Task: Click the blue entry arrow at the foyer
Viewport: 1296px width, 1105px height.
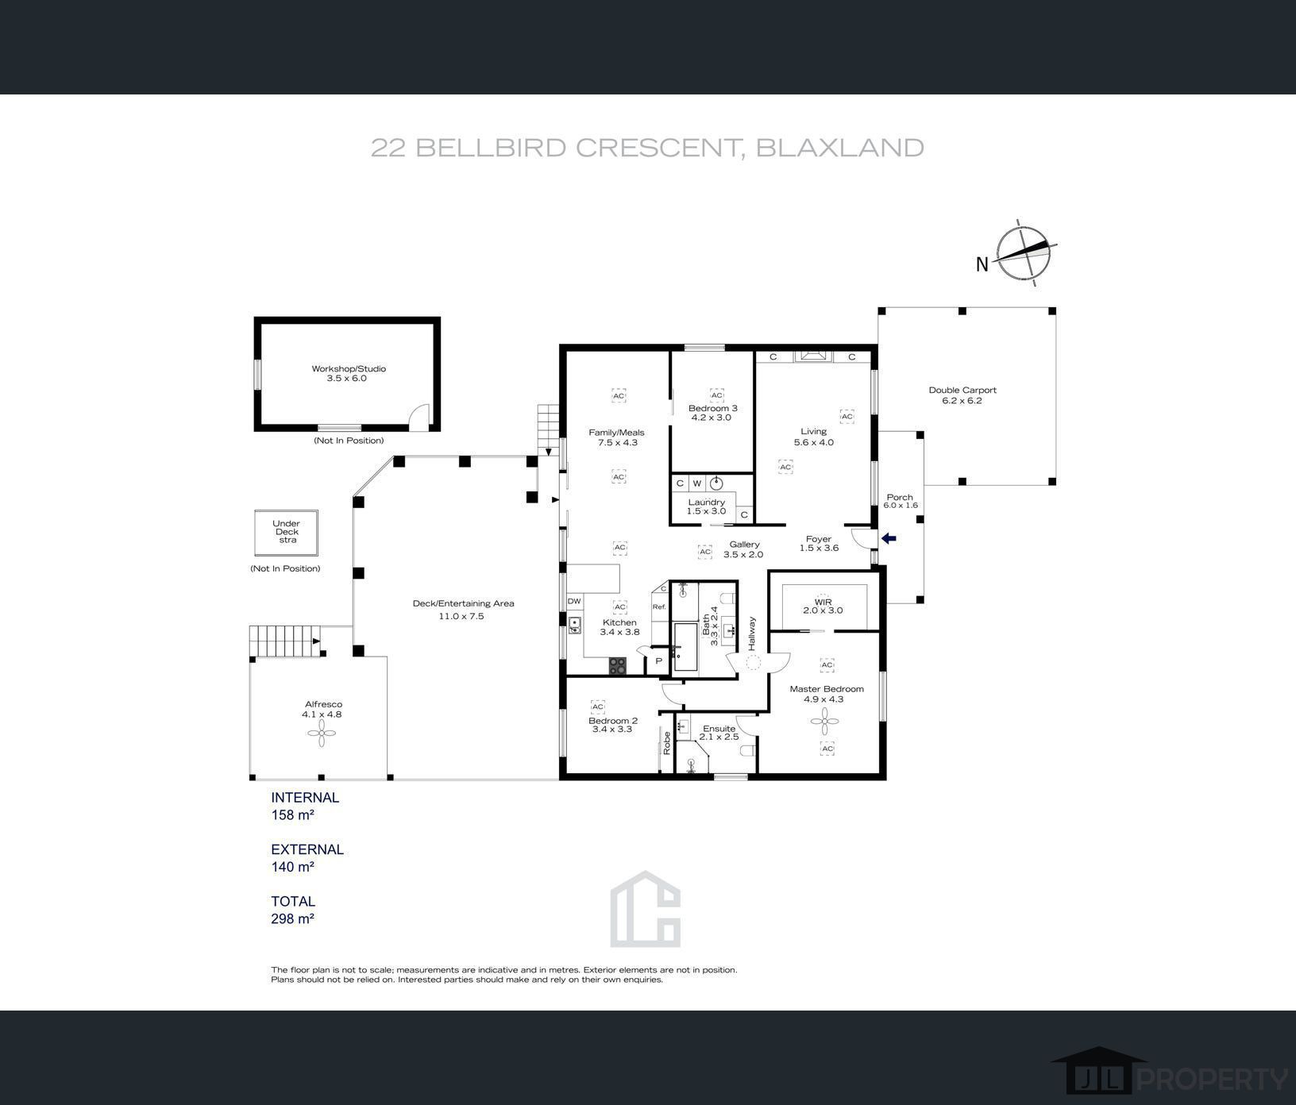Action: pyautogui.click(x=889, y=539)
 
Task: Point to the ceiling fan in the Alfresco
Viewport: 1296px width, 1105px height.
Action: pyautogui.click(x=322, y=737)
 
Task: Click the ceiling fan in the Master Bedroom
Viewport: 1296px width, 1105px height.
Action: pyautogui.click(x=825, y=722)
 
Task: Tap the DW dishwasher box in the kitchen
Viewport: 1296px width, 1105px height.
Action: pyautogui.click(x=574, y=601)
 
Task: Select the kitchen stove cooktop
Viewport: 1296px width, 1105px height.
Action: pyautogui.click(x=618, y=666)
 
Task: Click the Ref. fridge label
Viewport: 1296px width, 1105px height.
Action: pyautogui.click(x=659, y=606)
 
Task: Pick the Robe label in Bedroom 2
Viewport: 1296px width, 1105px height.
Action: pyautogui.click(x=667, y=743)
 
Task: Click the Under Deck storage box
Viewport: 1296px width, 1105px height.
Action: pyautogui.click(x=287, y=533)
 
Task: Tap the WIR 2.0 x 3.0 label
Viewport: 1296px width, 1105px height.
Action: pyautogui.click(x=823, y=606)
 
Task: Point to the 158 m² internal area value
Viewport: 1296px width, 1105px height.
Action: pyautogui.click(x=293, y=815)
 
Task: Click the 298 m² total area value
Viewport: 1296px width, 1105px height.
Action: pyautogui.click(x=293, y=918)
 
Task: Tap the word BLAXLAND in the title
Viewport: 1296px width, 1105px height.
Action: pyautogui.click(x=839, y=148)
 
